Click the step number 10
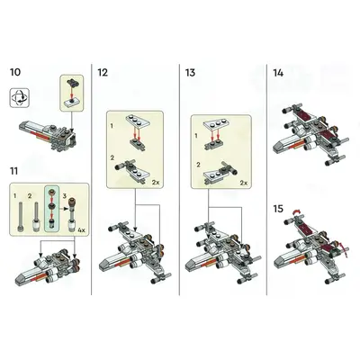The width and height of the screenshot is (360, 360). point(15,72)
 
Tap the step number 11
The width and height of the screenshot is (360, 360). point(14,171)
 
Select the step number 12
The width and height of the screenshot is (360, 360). point(103,73)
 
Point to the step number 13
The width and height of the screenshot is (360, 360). point(190,73)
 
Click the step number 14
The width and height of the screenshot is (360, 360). point(278,73)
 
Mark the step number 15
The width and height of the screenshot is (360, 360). point(278,209)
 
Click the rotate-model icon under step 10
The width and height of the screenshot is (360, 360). point(20,98)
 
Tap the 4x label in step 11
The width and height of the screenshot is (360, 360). point(81,230)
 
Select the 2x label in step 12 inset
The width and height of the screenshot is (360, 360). point(156,182)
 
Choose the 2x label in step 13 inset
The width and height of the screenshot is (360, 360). point(244,183)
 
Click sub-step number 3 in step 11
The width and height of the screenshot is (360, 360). point(64,196)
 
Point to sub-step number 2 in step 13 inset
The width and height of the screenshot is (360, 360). point(198,165)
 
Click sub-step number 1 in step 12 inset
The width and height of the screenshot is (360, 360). point(112,126)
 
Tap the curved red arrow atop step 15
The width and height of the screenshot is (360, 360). point(296,211)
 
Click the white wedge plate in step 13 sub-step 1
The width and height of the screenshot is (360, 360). point(216,125)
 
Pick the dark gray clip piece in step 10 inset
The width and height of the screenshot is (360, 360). point(72,82)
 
